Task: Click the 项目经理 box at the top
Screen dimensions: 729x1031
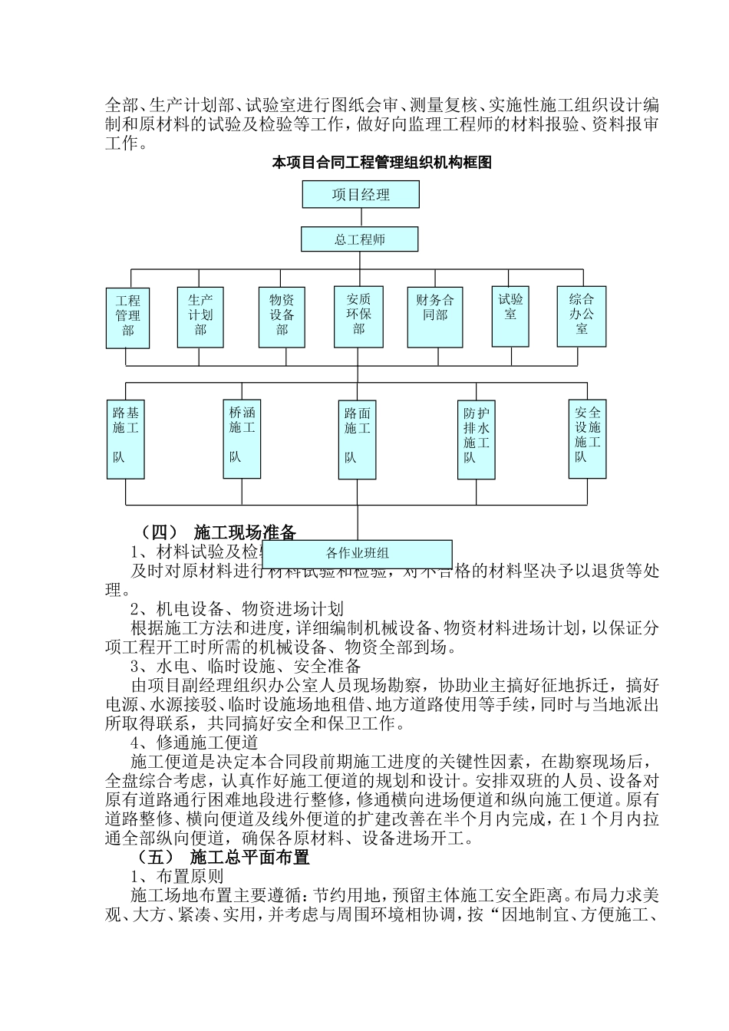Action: point(361,195)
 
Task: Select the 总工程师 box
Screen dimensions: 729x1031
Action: point(359,239)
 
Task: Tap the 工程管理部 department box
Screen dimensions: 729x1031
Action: point(127,318)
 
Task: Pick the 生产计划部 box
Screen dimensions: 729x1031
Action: point(200,316)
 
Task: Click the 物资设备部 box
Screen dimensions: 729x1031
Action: point(282,316)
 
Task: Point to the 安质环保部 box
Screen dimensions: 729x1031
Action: point(358,316)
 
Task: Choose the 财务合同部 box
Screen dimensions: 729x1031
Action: point(434,316)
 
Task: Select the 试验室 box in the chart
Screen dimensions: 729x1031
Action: point(510,315)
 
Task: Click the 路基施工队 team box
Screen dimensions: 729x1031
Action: point(126,439)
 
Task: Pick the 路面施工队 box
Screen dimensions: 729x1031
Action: point(357,440)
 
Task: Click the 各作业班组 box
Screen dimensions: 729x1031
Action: point(358,553)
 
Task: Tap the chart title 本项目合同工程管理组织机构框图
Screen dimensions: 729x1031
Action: point(382,163)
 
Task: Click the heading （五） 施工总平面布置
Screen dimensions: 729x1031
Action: point(223,857)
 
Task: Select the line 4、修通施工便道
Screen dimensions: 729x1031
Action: point(194,743)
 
